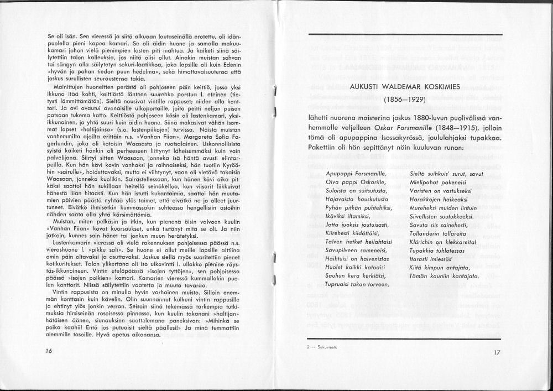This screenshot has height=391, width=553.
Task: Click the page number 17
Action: [496, 352]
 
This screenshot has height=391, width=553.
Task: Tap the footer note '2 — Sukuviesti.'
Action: [322, 347]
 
